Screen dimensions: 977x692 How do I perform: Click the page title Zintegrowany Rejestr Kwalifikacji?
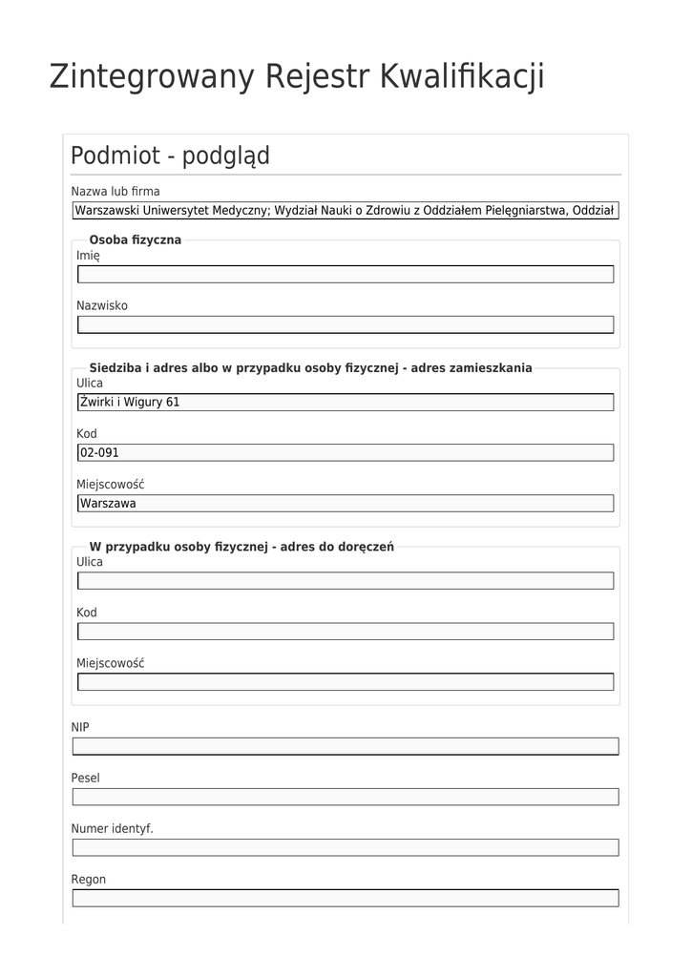pos(297,76)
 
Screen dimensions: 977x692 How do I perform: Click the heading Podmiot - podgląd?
pos(170,156)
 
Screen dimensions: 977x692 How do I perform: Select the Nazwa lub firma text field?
pos(345,211)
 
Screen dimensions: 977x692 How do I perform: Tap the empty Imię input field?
pos(345,275)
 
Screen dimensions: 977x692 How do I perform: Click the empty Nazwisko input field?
pos(345,325)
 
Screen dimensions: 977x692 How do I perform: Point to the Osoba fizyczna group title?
pos(135,239)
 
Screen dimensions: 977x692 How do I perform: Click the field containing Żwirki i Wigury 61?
pos(345,403)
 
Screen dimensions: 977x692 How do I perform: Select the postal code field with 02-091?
pos(345,453)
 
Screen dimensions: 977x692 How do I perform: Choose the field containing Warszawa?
pos(345,504)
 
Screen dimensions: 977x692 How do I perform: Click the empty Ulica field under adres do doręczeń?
pos(345,581)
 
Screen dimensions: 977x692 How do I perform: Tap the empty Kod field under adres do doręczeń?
pos(345,632)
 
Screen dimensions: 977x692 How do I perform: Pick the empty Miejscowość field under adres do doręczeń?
pos(345,682)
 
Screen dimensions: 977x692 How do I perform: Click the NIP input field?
pos(345,746)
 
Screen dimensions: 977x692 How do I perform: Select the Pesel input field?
pos(345,797)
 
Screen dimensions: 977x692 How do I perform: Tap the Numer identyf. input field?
pos(345,847)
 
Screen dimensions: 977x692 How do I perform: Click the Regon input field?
pos(345,898)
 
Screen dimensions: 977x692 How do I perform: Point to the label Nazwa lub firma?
pos(115,191)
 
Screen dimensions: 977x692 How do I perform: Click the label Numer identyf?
pos(112,828)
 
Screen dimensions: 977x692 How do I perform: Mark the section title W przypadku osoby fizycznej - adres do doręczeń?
pos(241,547)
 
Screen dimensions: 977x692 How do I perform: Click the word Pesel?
pos(85,778)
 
